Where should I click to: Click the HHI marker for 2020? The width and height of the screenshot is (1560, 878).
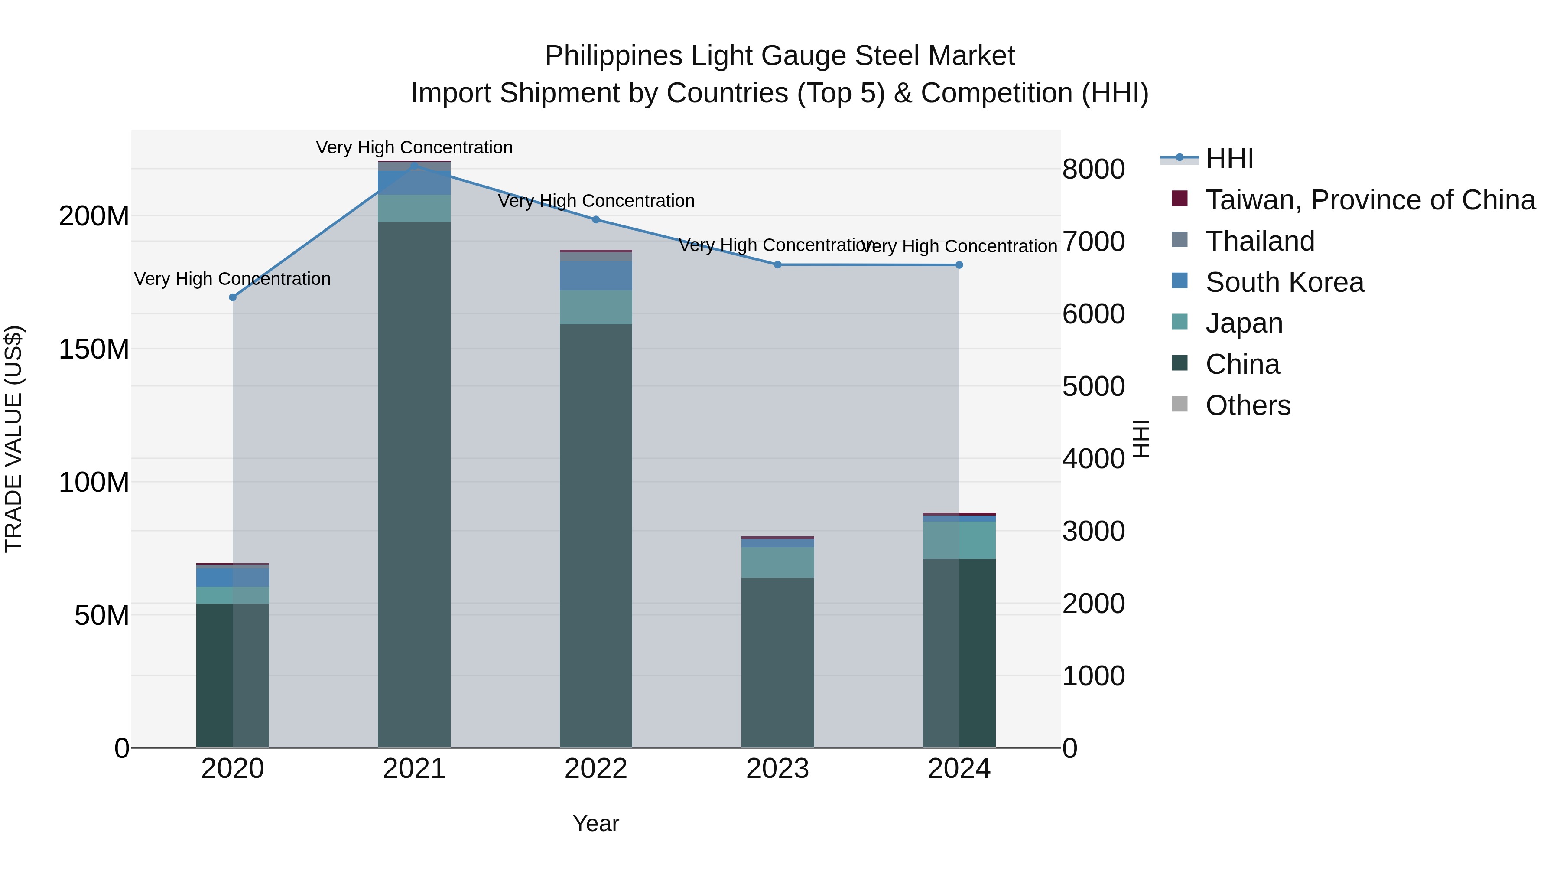click(x=233, y=297)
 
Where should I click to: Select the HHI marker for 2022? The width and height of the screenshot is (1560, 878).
click(x=596, y=220)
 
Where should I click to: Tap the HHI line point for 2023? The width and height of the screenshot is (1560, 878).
click(x=777, y=265)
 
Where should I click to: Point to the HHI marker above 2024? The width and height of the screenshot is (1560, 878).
click(x=959, y=265)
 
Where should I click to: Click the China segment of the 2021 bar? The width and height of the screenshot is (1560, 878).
click(x=414, y=485)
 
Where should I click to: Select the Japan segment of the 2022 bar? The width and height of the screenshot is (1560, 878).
click(x=596, y=307)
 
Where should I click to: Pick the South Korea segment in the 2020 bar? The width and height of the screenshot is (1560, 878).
click(x=233, y=578)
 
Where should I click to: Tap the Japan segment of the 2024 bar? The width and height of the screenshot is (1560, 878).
click(x=959, y=540)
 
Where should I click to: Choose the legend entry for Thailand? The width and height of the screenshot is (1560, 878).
click(x=1260, y=241)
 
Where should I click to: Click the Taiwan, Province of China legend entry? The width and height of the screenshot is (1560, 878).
click(x=1370, y=200)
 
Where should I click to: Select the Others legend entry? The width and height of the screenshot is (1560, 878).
click(x=1248, y=405)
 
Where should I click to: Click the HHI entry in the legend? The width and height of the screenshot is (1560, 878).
click(x=1229, y=159)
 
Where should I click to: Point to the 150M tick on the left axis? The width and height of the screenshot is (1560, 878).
click(x=94, y=349)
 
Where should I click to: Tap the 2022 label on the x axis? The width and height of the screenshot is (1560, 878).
click(x=596, y=769)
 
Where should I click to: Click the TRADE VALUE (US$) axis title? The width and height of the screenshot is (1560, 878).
click(x=13, y=439)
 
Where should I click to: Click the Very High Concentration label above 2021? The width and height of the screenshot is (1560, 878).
click(x=414, y=147)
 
